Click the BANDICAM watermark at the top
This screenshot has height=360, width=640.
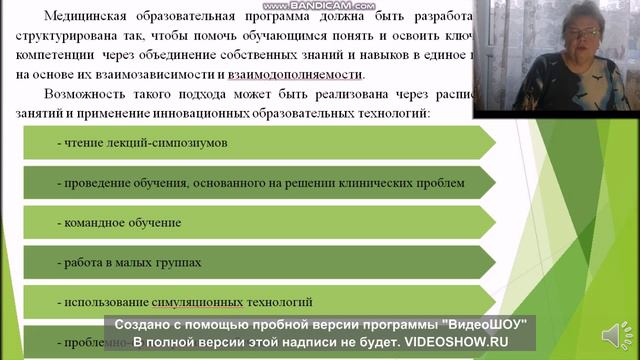[320, 7]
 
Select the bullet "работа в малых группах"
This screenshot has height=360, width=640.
[131, 262]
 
